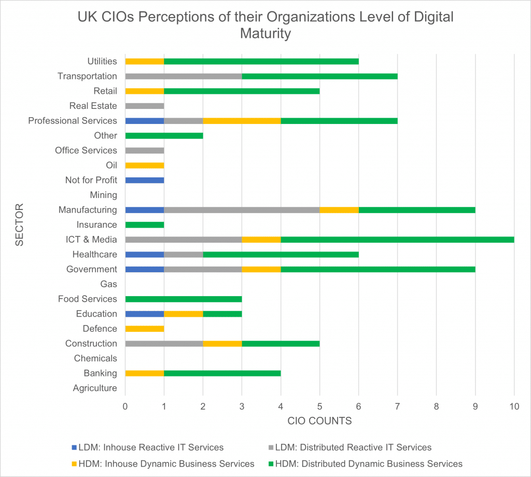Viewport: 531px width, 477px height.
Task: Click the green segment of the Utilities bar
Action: (261, 61)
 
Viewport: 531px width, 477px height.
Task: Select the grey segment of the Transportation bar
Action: (184, 76)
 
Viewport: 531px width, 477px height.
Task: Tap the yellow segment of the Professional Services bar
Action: (242, 121)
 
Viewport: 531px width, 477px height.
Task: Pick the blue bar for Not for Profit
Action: (144, 180)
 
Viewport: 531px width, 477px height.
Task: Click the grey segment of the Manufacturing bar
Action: (242, 210)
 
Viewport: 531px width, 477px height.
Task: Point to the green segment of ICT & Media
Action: (397, 240)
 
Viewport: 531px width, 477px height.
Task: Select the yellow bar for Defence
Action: (144, 329)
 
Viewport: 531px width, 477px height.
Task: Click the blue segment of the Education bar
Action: (144, 314)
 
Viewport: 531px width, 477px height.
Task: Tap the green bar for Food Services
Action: (184, 299)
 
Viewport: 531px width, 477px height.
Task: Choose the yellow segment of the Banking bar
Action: (144, 373)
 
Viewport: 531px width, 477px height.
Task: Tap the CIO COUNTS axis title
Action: (319, 421)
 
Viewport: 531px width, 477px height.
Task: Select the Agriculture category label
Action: (95, 388)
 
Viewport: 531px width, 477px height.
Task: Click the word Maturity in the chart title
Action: (265, 34)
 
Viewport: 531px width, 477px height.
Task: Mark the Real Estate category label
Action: (93, 106)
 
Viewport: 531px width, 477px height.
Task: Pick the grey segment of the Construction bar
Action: (164, 344)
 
